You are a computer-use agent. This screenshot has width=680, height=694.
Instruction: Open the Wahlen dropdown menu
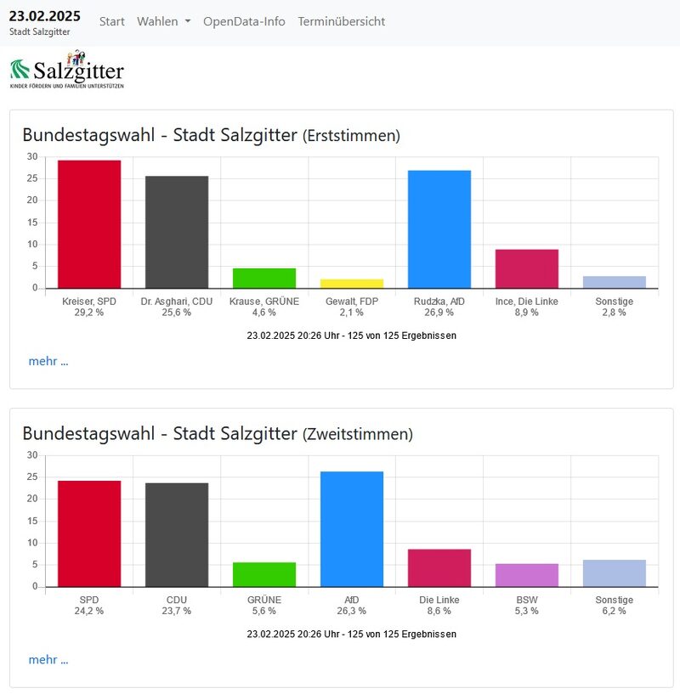coord(163,21)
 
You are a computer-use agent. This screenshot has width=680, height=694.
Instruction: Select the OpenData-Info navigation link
coord(244,21)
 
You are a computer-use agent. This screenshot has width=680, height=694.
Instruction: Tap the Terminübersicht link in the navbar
coord(341,21)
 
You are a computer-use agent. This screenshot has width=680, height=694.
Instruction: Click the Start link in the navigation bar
coord(112,21)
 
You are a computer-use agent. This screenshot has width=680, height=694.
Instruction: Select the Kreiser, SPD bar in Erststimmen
coord(89,224)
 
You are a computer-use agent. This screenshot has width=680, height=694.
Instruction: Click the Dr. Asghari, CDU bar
coord(177,232)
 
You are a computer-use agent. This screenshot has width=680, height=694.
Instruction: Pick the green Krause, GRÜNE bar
coord(264,279)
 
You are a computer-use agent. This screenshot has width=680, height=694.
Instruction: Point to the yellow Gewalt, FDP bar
coord(352,284)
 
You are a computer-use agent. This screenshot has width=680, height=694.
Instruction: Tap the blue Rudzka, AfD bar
coord(439,229)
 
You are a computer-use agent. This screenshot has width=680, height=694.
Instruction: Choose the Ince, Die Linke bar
coord(527,268)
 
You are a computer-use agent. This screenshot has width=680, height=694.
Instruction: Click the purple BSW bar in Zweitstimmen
coord(527,575)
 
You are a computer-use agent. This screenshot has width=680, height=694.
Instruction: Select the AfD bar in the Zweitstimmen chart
coord(352,529)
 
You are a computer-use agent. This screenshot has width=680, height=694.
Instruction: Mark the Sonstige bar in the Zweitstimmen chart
coord(615,573)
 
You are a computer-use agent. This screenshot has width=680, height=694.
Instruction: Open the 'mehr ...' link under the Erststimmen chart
coord(48,361)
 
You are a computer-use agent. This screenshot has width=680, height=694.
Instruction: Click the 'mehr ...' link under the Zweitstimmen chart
coord(48,659)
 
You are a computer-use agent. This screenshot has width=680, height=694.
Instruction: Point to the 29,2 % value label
coord(89,313)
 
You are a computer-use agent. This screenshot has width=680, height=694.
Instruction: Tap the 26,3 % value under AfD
coord(352,611)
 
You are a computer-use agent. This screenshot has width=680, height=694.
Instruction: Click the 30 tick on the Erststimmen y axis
coord(32,156)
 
